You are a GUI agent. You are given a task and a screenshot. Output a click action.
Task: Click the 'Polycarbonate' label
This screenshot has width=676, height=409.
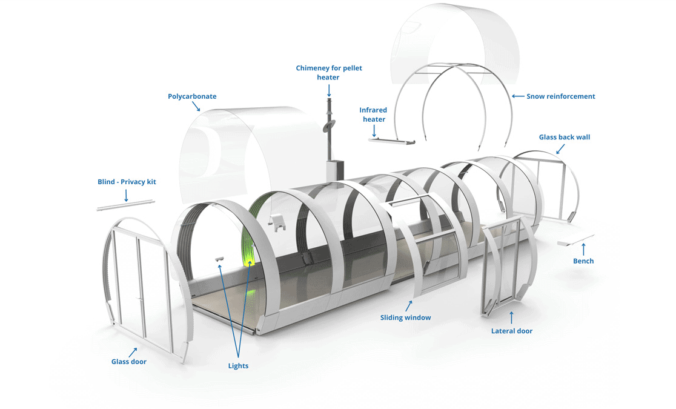[x=192, y=96]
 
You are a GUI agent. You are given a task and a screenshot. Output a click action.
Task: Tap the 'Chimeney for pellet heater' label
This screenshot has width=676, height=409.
[x=328, y=73]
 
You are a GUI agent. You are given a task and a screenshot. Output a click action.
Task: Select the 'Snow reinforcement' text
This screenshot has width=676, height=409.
[x=560, y=96]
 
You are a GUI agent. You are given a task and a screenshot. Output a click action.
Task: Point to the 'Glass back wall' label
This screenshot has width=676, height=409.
[x=565, y=137]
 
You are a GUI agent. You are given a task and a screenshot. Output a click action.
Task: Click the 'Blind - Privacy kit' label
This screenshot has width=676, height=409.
[x=127, y=182]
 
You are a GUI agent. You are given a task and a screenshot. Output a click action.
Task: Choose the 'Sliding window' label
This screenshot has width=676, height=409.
[x=405, y=318]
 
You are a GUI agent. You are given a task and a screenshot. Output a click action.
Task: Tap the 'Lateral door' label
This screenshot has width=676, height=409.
[x=512, y=331]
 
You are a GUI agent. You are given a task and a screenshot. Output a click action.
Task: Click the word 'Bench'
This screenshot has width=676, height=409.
[x=583, y=261]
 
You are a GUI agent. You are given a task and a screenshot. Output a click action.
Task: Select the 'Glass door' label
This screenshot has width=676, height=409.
[x=129, y=362]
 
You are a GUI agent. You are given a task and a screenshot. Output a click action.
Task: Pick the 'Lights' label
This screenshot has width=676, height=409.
[x=238, y=366]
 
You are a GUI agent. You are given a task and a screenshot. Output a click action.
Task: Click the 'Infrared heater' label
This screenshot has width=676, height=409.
[x=373, y=115]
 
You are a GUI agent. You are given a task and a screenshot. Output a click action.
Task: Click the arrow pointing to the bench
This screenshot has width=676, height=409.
[x=583, y=249]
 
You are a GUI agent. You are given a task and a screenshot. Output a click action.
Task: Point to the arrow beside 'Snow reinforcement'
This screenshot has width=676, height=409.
[x=518, y=96]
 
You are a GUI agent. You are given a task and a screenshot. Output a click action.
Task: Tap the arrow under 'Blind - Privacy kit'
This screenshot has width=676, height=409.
[x=127, y=195]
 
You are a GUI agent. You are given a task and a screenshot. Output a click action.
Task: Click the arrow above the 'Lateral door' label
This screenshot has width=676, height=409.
[x=512, y=318]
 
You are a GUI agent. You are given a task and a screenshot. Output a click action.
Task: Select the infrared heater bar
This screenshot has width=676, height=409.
[x=391, y=141]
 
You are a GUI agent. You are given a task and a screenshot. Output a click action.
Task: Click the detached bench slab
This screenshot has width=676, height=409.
[x=575, y=241]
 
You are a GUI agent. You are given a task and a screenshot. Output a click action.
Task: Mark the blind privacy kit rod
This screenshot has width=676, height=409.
[x=125, y=205]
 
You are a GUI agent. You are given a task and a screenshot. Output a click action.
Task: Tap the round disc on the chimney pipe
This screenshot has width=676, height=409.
[x=329, y=126]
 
